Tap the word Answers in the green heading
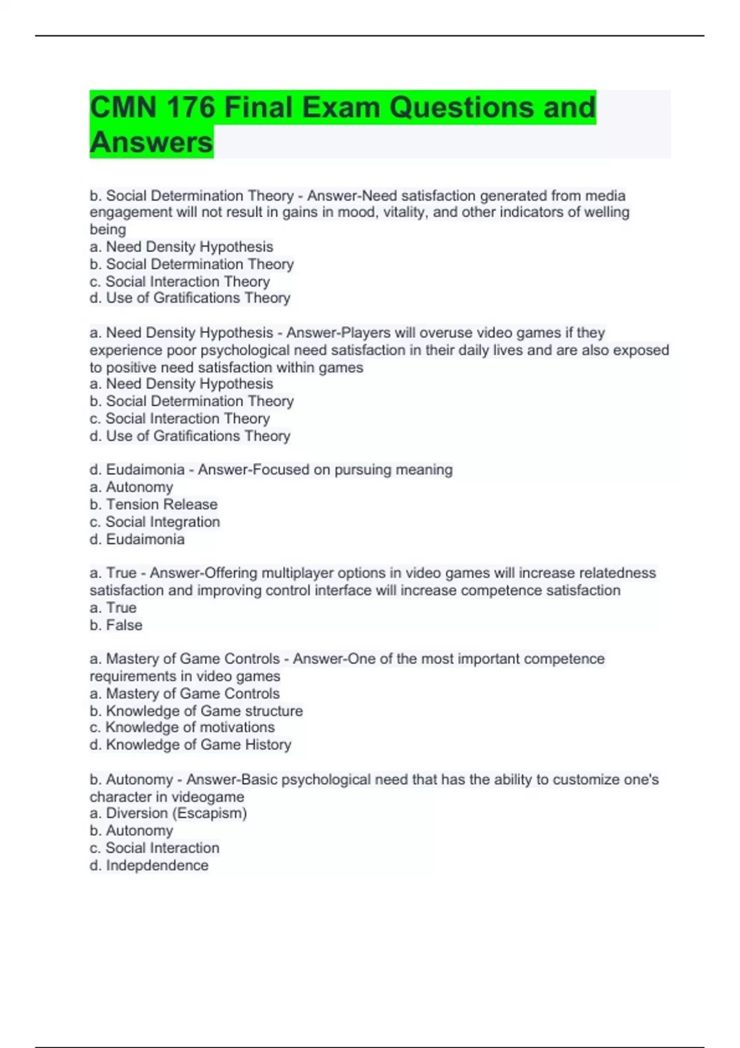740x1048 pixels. [151, 142]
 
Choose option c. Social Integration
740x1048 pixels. [155, 522]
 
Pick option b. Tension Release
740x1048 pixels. [154, 505]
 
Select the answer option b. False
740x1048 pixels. [116, 626]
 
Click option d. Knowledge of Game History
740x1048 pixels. [190, 745]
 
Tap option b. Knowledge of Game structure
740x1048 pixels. [196, 711]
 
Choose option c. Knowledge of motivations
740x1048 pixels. [182, 728]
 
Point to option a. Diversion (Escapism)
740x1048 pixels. [168, 814]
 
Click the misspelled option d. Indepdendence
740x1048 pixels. [149, 866]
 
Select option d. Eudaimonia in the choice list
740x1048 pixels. [137, 540]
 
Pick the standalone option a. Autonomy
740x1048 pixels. [131, 488]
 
